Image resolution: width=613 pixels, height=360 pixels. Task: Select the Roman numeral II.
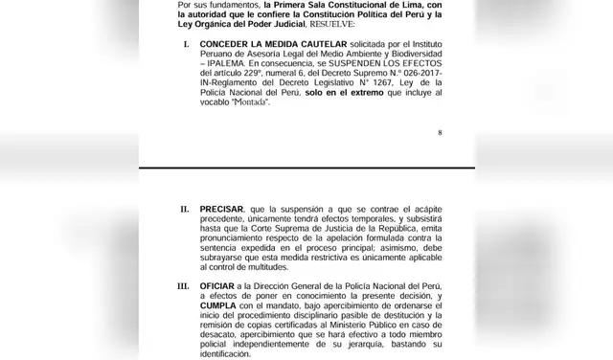pyautogui.click(x=184, y=208)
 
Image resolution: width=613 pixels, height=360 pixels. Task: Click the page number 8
pyautogui.click(x=440, y=134)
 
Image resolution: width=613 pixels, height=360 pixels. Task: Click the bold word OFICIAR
pyautogui.click(x=219, y=285)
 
